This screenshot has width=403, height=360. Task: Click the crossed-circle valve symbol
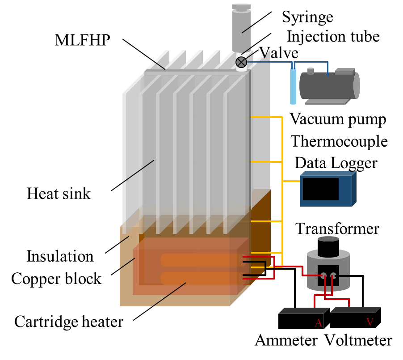[241, 62]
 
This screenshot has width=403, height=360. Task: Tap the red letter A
[318, 323]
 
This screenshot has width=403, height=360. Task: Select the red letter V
[369, 322]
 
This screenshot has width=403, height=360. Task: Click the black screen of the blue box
[320, 189]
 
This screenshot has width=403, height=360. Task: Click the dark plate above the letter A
[304, 310]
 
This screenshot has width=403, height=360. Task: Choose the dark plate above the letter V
[355, 309]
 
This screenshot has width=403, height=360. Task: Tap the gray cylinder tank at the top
[241, 29]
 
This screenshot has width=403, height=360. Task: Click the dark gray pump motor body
[326, 86]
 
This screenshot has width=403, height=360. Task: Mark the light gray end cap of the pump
[357, 85]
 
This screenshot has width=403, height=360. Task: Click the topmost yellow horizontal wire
[266, 117]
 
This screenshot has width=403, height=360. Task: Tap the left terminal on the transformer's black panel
[323, 275]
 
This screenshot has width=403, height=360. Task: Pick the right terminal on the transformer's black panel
[333, 275]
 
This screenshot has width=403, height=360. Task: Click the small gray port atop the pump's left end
[311, 71]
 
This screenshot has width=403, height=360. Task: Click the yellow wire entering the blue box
[291, 181]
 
